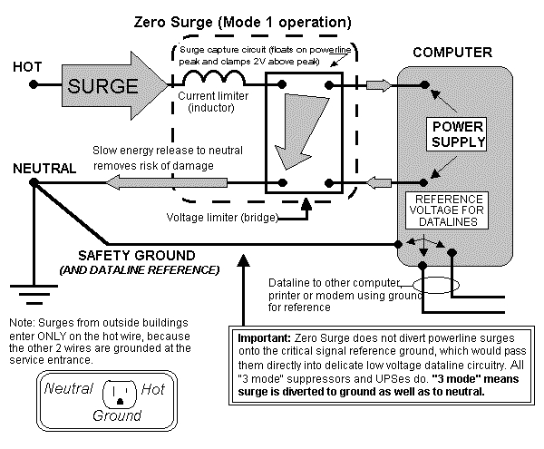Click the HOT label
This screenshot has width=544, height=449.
26,67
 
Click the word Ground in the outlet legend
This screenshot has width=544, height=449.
116,415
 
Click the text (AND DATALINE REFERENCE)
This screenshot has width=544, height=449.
140,269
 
